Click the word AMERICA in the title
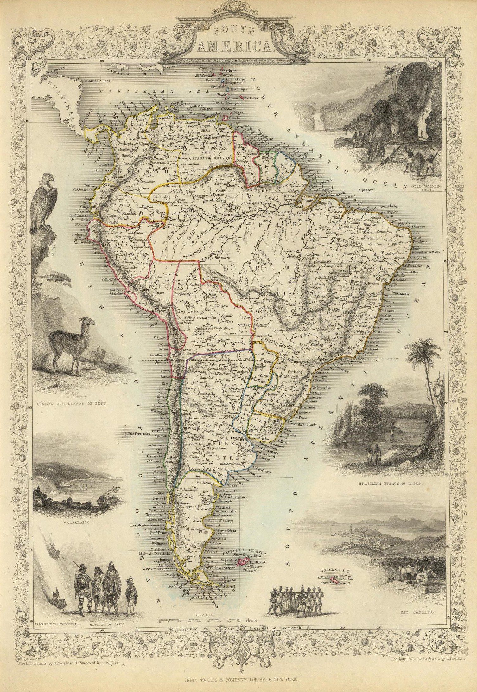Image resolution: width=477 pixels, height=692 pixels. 235,47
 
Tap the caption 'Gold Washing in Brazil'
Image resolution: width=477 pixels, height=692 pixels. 423,189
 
